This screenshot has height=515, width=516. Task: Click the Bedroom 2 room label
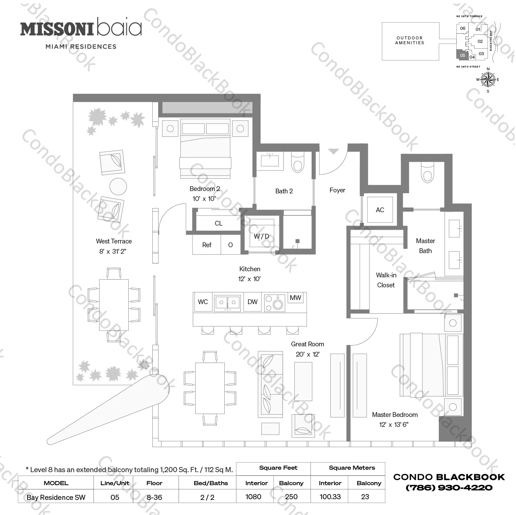coord(204,189)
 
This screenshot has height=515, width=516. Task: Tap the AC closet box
coord(380,210)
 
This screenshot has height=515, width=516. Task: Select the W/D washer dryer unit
coord(261,236)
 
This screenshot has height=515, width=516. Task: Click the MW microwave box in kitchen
coord(295,298)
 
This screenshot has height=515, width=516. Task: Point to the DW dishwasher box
coord(252,302)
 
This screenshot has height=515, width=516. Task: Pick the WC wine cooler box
coord(203,302)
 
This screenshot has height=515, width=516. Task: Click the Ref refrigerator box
coord(207,245)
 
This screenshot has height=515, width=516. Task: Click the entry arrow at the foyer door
coord(333,152)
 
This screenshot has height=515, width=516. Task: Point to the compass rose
coord(488,80)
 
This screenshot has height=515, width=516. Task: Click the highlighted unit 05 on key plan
coord(462,55)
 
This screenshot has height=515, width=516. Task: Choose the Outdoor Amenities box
coord(410,41)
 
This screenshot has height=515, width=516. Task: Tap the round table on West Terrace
coord(118,187)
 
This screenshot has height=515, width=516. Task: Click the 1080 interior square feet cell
coord(253,496)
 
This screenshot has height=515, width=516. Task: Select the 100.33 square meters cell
coord(330,496)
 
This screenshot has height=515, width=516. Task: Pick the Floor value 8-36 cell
coord(154,497)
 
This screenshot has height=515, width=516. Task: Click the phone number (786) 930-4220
coord(449,488)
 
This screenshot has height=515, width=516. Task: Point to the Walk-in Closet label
coord(386,280)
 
